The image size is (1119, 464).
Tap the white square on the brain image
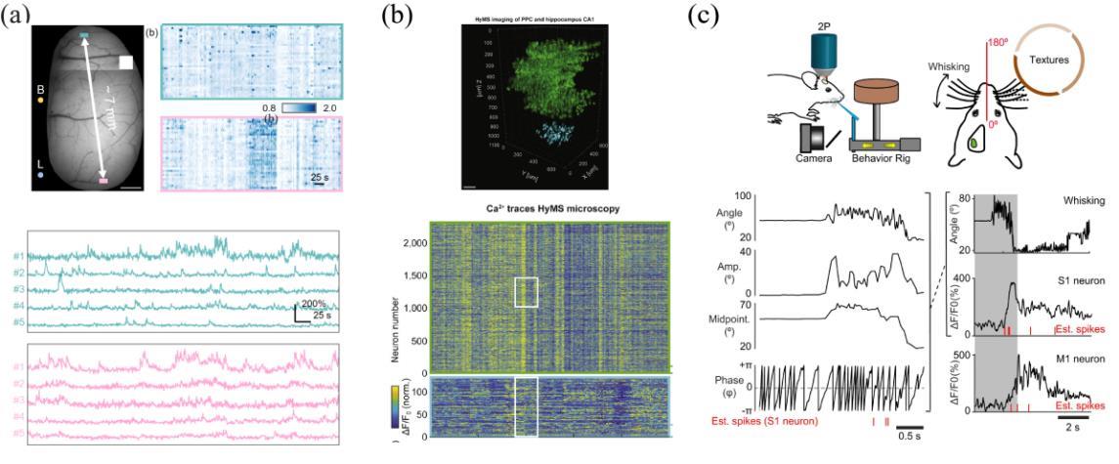tap(125, 63)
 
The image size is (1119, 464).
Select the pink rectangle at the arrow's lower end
tap(103, 181)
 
